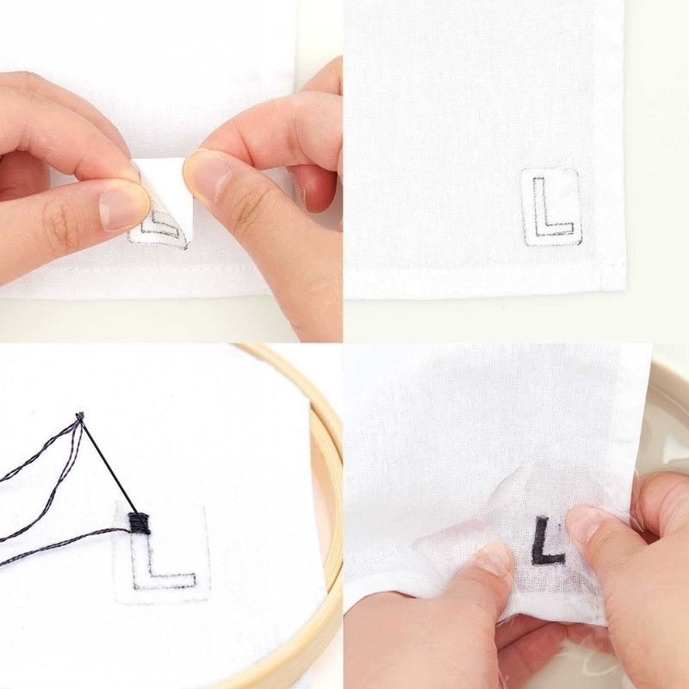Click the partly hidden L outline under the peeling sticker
[x=159, y=223]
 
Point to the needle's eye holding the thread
[x=79, y=415]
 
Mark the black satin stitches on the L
[x=140, y=524]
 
